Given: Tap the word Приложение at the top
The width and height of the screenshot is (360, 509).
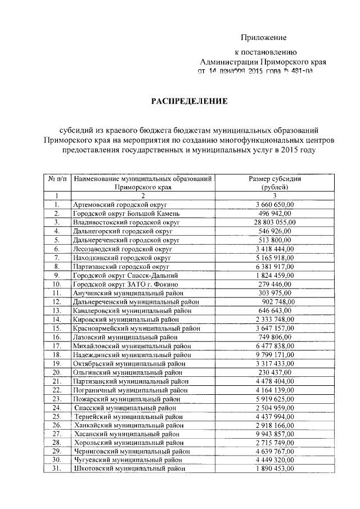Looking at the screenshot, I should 264,38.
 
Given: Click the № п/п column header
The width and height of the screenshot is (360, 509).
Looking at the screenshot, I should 57,179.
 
